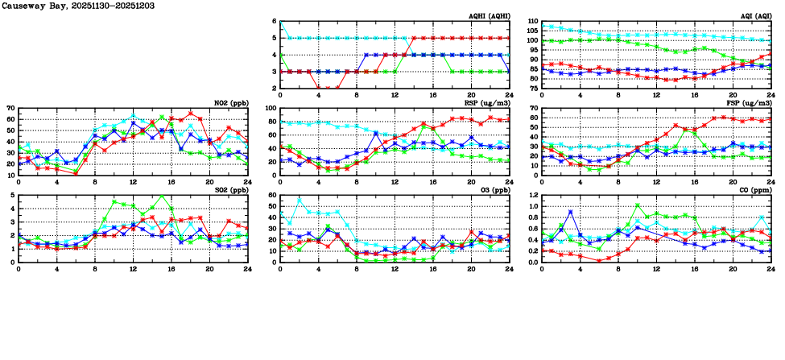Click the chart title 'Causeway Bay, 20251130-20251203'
point(65,6)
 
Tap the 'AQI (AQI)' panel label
point(754,16)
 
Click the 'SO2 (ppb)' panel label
point(229,190)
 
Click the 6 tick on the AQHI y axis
point(275,22)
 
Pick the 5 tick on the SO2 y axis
point(13,196)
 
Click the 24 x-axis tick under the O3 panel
point(510,269)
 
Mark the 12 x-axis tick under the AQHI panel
point(395,95)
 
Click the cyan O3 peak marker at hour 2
point(300,200)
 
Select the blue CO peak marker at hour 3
point(570,212)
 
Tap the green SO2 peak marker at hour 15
point(162,196)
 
